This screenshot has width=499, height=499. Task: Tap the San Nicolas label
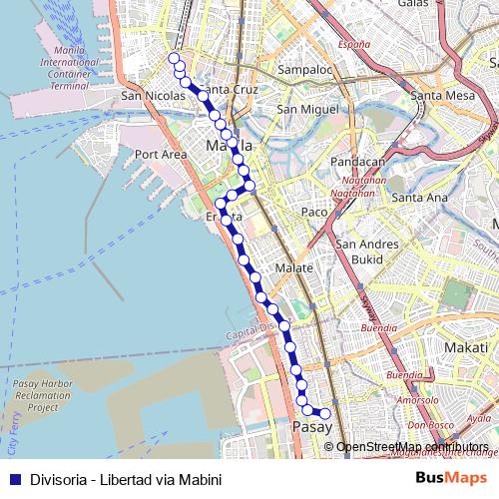point(151,96)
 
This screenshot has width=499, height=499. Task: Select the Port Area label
point(161,155)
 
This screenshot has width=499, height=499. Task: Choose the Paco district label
point(314,212)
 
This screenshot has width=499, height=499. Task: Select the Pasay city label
point(313,427)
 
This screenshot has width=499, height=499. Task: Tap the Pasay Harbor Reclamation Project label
point(43,395)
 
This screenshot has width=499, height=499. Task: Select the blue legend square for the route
point(13,477)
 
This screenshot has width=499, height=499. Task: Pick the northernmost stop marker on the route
point(174,60)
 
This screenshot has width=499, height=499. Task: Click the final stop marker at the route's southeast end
point(323,413)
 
